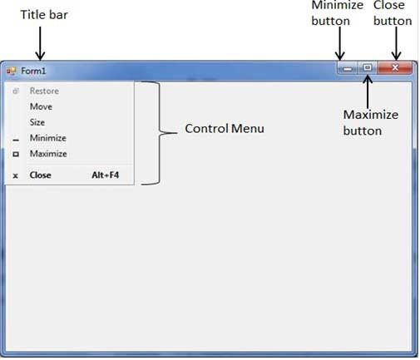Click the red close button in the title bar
(x=395, y=68)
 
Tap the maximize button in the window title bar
(x=367, y=68)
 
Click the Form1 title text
(x=33, y=71)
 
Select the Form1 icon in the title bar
(x=11, y=71)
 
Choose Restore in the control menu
(x=43, y=91)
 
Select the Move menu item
(x=39, y=106)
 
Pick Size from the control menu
(x=37, y=122)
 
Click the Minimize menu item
(x=47, y=138)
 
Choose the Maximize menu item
(x=48, y=154)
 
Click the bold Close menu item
(x=40, y=175)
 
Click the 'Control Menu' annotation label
(x=224, y=129)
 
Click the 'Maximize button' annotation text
(x=371, y=122)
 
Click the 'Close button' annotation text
(x=393, y=13)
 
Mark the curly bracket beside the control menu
(x=155, y=133)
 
